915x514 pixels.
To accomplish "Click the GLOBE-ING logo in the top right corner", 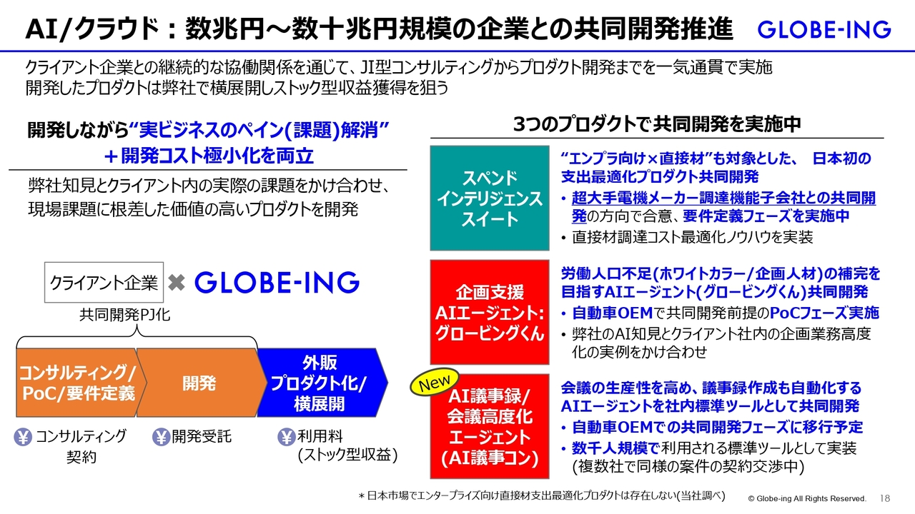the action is click(824, 30).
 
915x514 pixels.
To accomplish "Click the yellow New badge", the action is click(434, 382).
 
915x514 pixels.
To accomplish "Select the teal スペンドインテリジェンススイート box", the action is click(490, 198).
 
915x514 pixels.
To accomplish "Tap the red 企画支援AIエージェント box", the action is click(490, 312).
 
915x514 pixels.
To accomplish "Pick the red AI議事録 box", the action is click(490, 427).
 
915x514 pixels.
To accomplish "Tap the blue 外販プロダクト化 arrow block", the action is click(322, 383).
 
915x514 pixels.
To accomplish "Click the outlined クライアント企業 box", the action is click(104, 282).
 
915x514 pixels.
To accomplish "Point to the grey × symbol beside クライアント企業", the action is click(177, 282).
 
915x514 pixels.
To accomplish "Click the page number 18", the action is click(885, 498).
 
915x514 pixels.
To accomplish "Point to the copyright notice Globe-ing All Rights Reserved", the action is click(807, 498).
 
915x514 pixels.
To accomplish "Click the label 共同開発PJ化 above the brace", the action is click(124, 315).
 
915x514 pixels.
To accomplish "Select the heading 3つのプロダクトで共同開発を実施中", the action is click(657, 124).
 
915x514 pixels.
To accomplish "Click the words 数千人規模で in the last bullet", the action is click(615, 448).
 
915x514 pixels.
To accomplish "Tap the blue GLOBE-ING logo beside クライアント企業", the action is click(277, 282).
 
